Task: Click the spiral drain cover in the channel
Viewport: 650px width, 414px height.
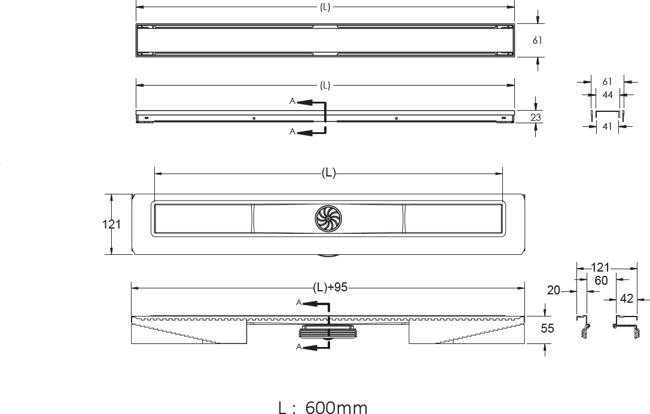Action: click(328, 218)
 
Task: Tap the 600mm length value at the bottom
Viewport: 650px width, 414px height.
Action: click(336, 407)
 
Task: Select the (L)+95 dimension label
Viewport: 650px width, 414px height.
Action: click(330, 287)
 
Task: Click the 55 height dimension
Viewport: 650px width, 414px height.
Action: click(547, 328)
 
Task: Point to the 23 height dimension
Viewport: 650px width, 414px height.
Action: click(536, 117)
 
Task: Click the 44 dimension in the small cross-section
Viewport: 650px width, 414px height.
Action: click(608, 95)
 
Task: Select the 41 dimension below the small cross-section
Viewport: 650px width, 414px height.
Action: click(607, 126)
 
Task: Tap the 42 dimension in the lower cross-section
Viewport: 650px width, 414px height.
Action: click(626, 299)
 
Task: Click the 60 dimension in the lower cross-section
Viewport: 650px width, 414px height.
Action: click(601, 281)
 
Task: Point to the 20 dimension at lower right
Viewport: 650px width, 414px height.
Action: click(553, 290)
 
